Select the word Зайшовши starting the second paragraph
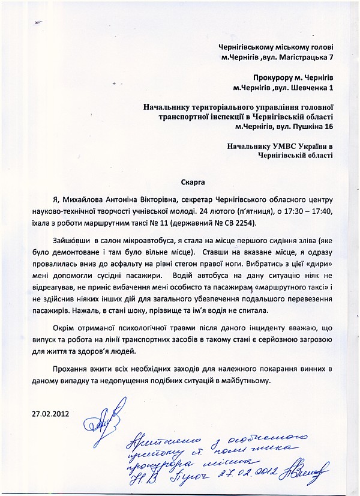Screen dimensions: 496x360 [x=73, y=240]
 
